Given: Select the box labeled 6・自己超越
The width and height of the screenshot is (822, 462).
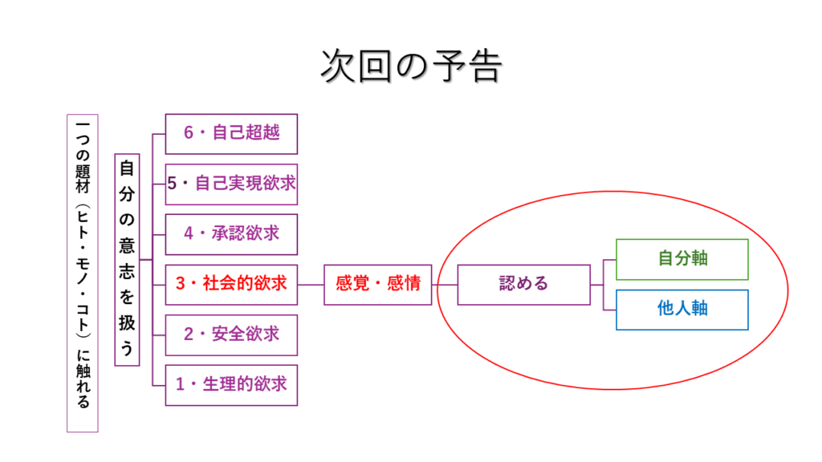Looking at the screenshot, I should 231,133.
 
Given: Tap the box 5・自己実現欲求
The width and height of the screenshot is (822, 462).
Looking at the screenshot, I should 231,184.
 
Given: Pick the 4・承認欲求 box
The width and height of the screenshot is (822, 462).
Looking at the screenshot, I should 231,233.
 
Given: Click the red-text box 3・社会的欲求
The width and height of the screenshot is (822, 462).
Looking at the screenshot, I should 231,284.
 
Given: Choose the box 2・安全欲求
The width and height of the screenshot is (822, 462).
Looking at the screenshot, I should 231,334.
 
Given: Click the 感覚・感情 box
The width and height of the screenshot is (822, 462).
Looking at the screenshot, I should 378,284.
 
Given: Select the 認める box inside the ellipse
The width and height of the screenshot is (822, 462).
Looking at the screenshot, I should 523,284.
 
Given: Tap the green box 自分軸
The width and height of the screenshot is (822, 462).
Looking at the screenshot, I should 682,259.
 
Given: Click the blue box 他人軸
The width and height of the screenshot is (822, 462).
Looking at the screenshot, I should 682,309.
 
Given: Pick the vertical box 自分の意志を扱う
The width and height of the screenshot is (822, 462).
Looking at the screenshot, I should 127,259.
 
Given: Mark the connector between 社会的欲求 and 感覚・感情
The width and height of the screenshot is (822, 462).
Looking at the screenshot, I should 311,284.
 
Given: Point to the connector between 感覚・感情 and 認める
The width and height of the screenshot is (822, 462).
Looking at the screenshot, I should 445,284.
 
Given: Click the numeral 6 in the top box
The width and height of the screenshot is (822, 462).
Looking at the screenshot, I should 189,133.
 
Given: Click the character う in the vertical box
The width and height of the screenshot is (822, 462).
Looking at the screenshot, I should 127,349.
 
